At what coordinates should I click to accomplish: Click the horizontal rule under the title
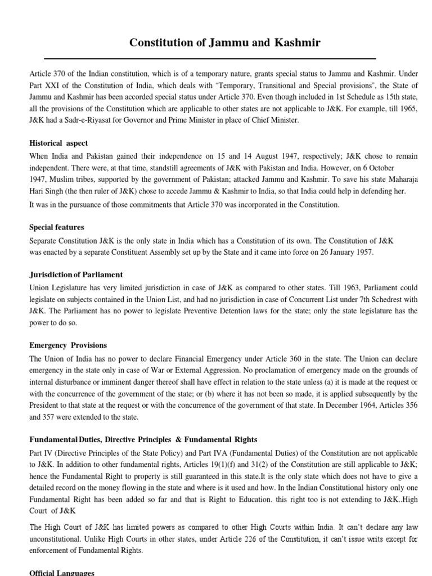[210, 58]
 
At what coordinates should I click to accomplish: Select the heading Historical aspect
[58, 143]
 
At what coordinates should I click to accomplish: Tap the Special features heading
[57, 227]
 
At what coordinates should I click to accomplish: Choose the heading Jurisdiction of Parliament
[76, 275]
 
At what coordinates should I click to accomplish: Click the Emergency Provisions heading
[68, 345]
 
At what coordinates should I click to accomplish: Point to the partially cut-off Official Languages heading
[62, 573]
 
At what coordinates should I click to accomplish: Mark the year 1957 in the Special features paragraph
[363, 252]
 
